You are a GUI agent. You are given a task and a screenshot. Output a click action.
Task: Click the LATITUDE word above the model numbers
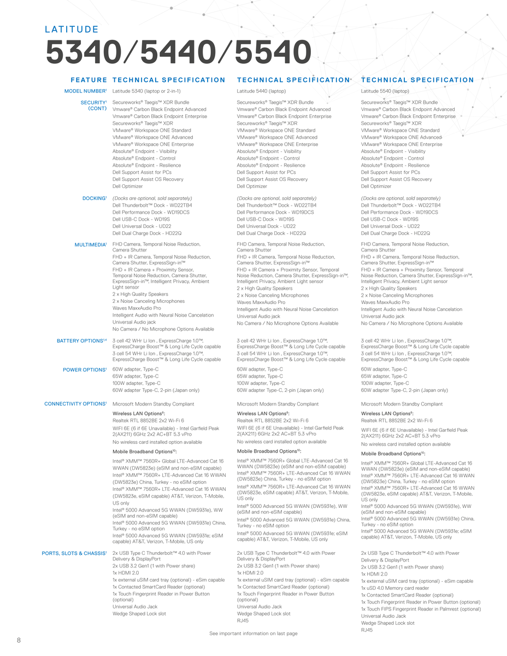tap(72, 30)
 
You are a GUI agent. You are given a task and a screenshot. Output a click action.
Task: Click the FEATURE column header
tap(89, 80)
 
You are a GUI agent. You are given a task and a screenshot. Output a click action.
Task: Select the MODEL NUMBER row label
tap(85, 91)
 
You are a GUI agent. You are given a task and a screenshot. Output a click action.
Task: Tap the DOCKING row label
tap(94, 198)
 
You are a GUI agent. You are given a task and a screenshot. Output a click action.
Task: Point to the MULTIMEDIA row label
tap(90, 244)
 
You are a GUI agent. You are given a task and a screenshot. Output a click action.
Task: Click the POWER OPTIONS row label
tap(85, 370)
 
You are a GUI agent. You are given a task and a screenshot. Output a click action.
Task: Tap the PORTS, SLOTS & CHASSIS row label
tap(74, 553)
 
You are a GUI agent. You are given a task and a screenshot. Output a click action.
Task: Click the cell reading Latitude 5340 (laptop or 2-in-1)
tap(146, 91)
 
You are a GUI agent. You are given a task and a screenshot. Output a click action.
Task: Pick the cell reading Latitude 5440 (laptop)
tap(261, 91)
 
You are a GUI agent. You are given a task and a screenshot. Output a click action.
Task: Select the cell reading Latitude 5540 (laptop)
tap(385, 91)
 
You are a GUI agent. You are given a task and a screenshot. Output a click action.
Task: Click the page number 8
tap(19, 640)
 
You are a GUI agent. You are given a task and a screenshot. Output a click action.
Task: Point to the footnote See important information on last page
tap(253, 634)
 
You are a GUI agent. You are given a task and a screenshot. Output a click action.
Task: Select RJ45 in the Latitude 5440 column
tap(243, 620)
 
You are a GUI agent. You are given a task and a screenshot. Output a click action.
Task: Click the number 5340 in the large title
tap(82, 54)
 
